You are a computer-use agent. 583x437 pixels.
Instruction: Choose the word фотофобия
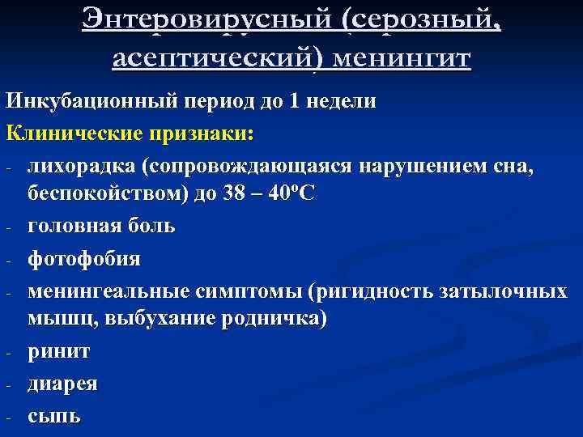pos(84,259)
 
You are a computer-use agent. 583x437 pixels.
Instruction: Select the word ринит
pos(59,352)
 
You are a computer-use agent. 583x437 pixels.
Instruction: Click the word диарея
pos(63,384)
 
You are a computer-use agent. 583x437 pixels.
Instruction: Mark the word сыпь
pos(54,416)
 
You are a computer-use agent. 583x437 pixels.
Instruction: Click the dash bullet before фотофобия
pos(7,261)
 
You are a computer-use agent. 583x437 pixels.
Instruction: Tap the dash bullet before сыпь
pos(7,418)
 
